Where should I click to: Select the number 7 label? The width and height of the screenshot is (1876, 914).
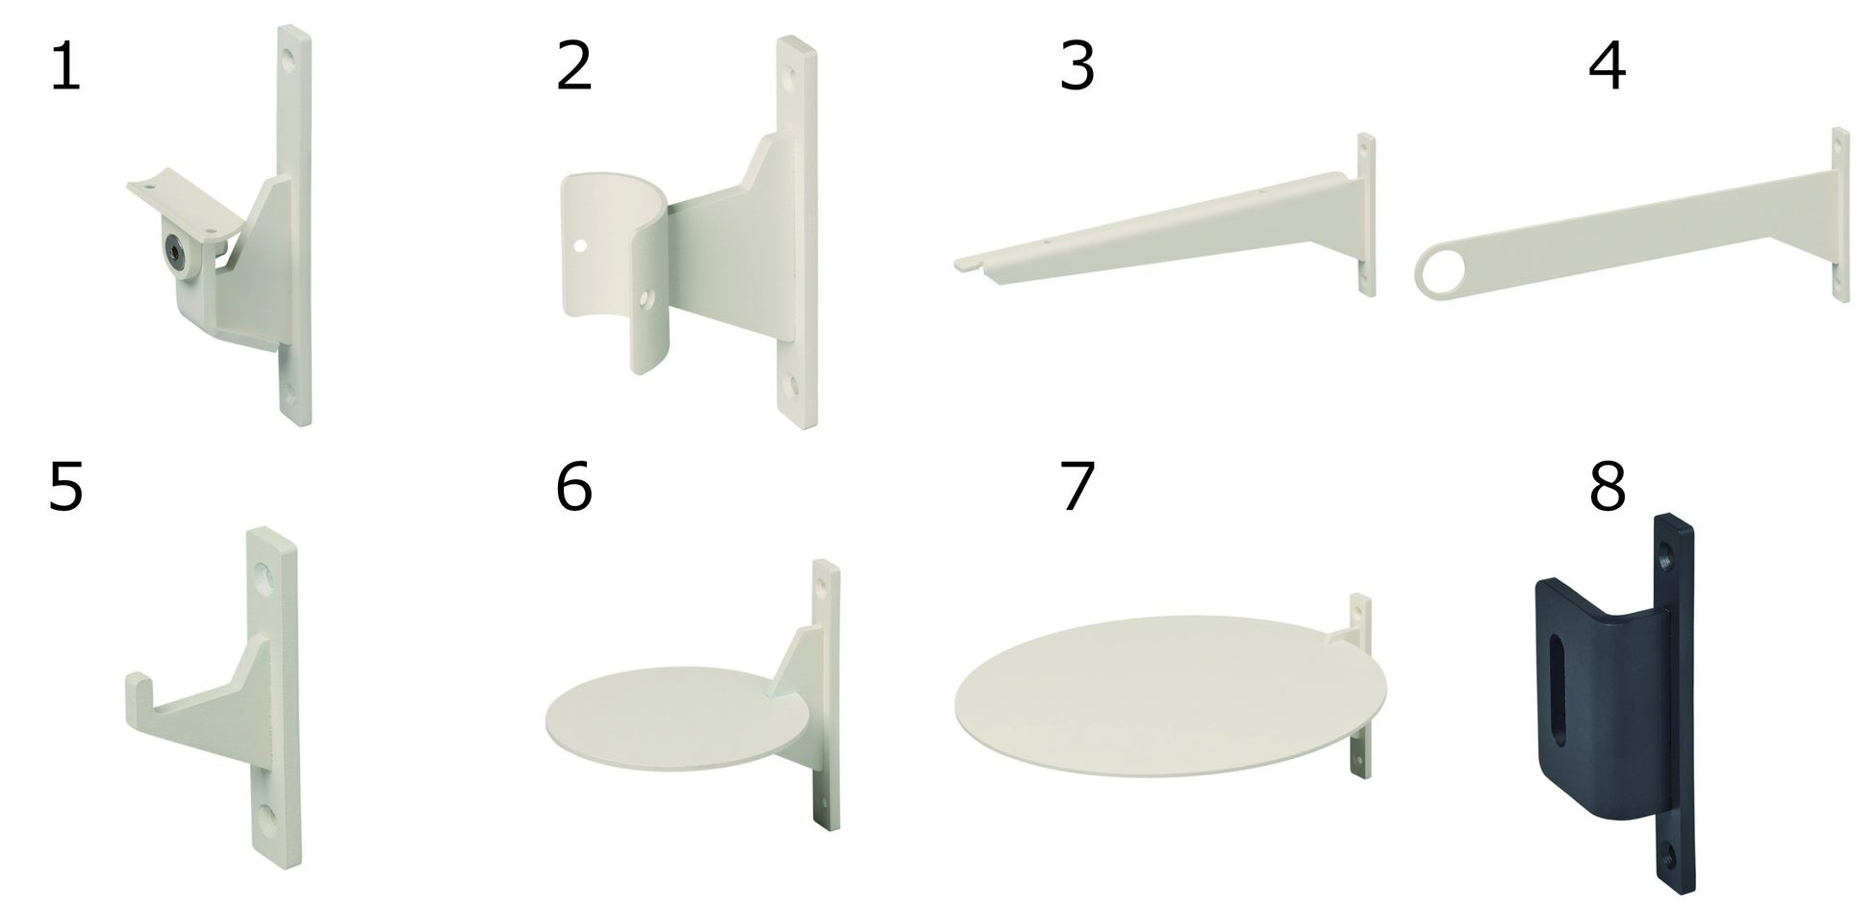pyautogui.click(x=1077, y=486)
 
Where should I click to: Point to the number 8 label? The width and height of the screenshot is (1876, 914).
pyautogui.click(x=1608, y=486)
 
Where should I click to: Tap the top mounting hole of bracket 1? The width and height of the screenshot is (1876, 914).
pyautogui.click(x=291, y=56)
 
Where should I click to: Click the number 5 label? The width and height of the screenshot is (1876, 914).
pyautogui.click(x=65, y=486)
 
